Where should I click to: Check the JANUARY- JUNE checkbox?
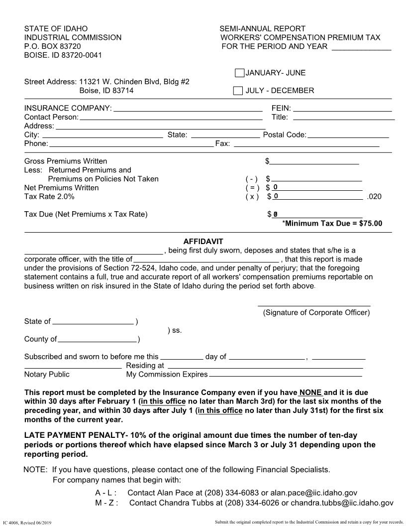[239, 73]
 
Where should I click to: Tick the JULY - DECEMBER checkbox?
[238, 91]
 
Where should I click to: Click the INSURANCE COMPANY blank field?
[188, 108]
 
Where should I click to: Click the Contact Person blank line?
[171, 117]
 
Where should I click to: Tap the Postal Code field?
[348, 134]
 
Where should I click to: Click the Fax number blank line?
[306, 143]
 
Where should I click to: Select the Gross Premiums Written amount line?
[314, 161]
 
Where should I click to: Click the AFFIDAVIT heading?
[203, 242]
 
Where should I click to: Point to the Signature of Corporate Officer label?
[316, 313]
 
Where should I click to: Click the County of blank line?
[98, 339]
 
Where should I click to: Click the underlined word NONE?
[310, 392]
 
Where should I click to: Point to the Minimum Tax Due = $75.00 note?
[332, 223]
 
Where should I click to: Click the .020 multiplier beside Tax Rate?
[374, 197]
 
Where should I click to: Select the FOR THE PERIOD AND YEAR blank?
[361, 47]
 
